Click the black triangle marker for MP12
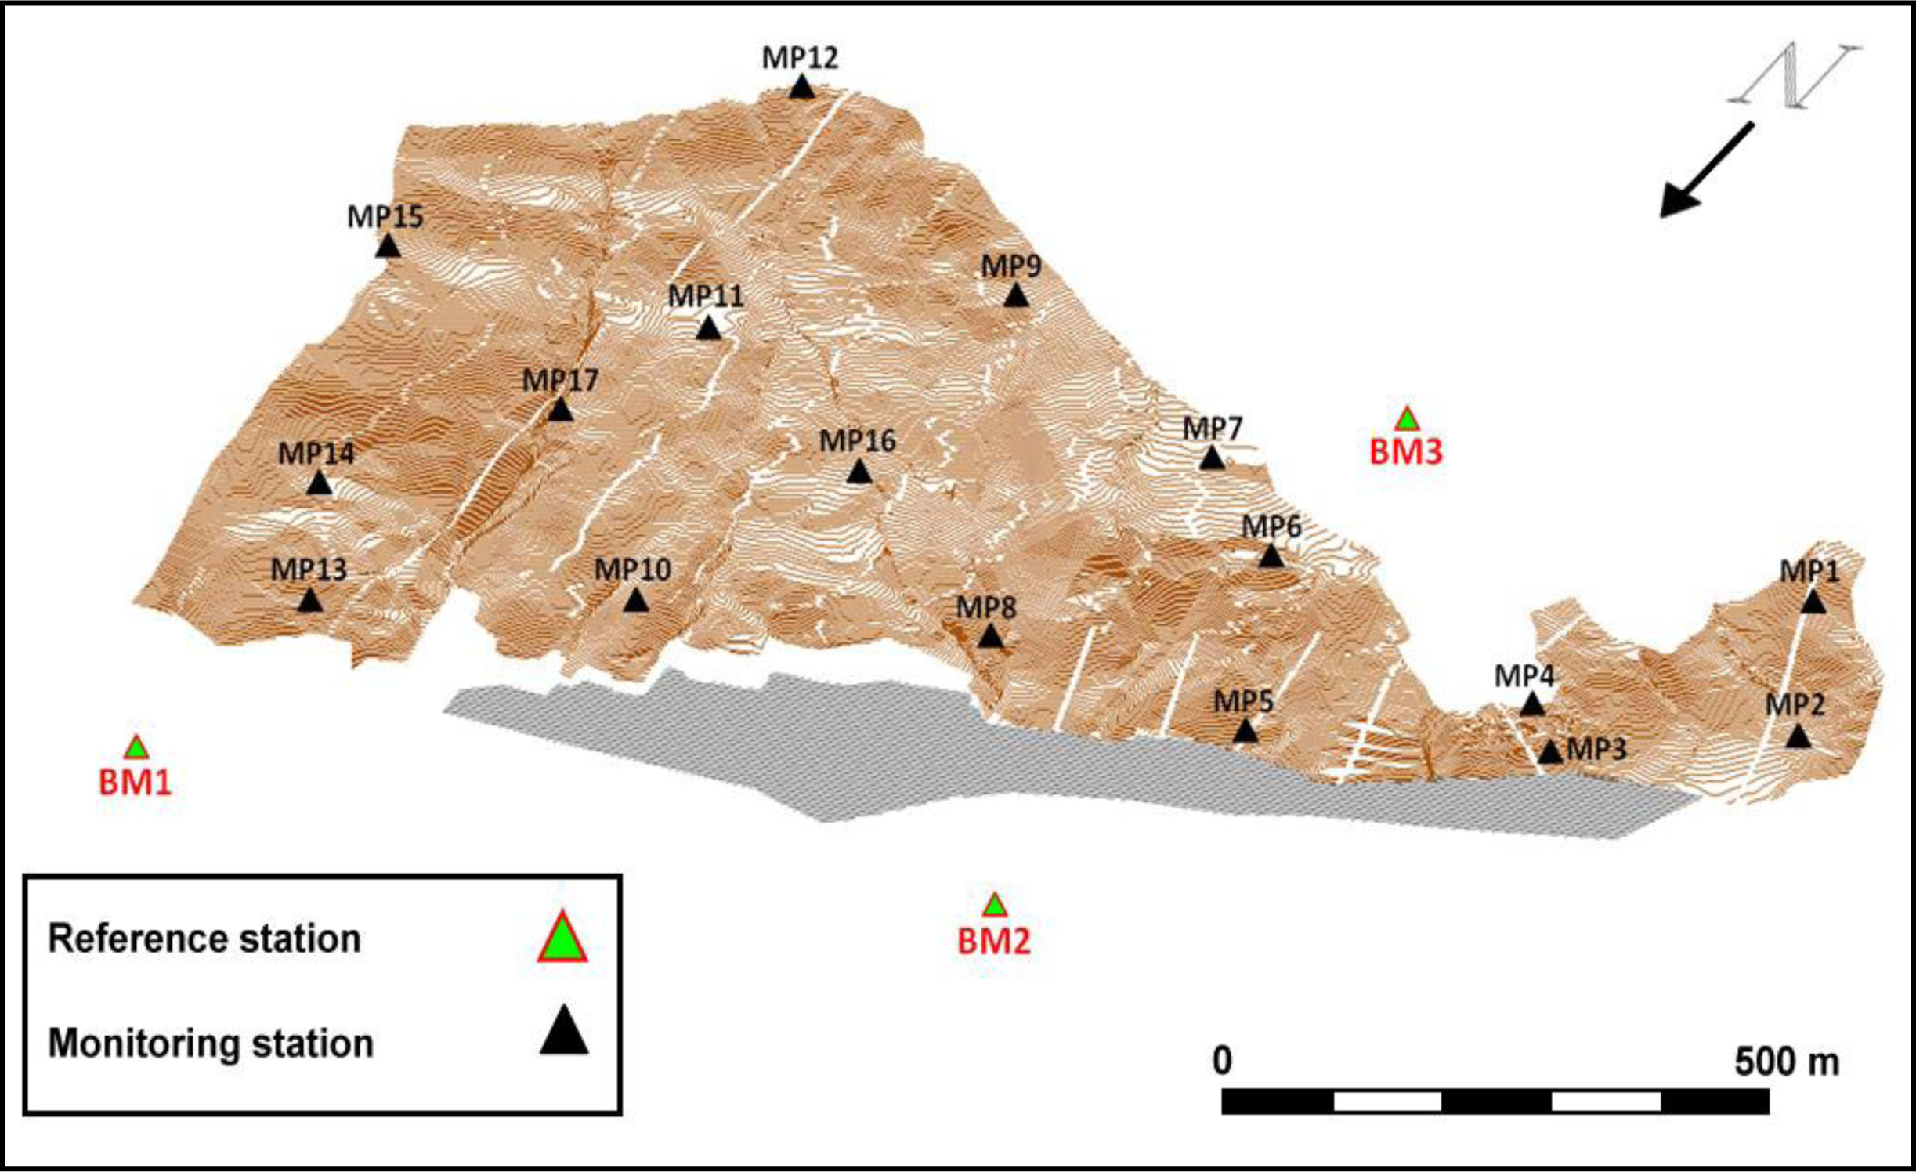tap(801, 87)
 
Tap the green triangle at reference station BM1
tap(136, 748)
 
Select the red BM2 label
tap(994, 941)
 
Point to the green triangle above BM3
tap(1407, 420)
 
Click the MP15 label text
tap(385, 217)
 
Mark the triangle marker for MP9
tap(1016, 296)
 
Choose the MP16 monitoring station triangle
tap(859, 472)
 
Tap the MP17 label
tap(560, 381)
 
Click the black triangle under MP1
tap(1813, 602)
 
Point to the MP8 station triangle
tap(991, 636)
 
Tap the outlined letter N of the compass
tap(1794, 75)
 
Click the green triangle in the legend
tap(562, 939)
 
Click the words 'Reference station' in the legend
tap(204, 939)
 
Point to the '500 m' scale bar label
tap(1786, 1062)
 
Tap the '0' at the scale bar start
tap(1222, 1061)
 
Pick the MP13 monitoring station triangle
tap(310, 601)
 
